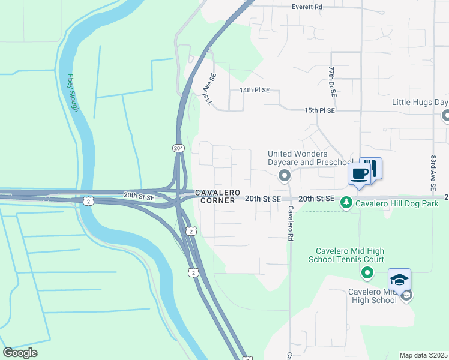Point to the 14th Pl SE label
pyautogui.click(x=255, y=90)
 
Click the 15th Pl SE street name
pyautogui.click(x=319, y=110)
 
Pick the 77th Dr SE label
pyautogui.click(x=331, y=82)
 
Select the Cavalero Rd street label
pyautogui.click(x=289, y=224)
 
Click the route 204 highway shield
pyautogui.click(x=178, y=148)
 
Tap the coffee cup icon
pyautogui.click(x=359, y=174)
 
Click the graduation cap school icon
pyautogui.click(x=399, y=279)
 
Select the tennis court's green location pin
pyautogui.click(x=368, y=274)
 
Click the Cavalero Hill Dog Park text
pyautogui.click(x=397, y=203)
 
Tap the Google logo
pyautogui.click(x=20, y=353)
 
